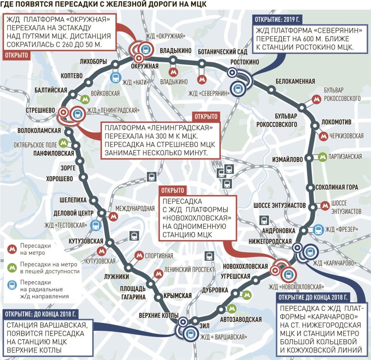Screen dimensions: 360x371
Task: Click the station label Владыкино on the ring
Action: point(175,50)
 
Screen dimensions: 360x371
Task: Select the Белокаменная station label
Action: point(295,81)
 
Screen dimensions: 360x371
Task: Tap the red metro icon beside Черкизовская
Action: point(324,136)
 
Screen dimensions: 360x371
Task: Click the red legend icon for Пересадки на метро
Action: point(11,249)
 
